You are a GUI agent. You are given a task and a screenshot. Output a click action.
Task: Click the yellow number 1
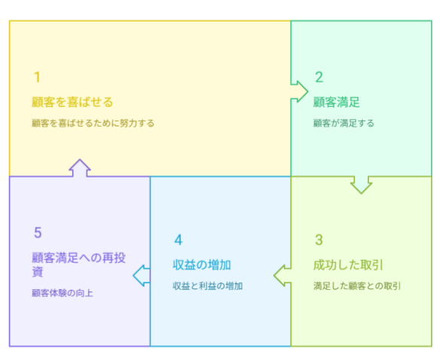pos(37,77)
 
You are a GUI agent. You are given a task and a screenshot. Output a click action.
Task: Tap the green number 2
pos(319,77)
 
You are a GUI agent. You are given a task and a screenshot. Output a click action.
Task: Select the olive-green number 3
pos(318,239)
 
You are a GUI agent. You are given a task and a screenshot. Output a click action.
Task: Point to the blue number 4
pos(178,239)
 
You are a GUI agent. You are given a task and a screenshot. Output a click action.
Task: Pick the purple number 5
pos(38,233)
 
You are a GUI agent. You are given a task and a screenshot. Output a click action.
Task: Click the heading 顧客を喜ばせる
pos(72,102)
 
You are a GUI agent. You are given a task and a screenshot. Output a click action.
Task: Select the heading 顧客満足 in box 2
pos(337,102)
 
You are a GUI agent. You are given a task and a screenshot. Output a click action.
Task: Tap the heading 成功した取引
pos(348,265)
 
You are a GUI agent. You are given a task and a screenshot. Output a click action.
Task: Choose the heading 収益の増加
pos(202,265)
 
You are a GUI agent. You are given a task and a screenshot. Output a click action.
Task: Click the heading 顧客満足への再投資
pos(78,264)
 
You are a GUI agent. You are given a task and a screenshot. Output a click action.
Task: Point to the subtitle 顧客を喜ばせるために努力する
pos(93,124)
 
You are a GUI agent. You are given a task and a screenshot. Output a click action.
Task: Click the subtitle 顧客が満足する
pos(343,124)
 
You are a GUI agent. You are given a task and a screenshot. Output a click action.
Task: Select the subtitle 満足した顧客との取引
pos(357,285)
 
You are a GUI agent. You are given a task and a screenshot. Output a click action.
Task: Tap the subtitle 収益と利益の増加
pos(208,285)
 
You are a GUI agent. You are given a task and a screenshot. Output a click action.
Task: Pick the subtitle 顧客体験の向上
pos(62,293)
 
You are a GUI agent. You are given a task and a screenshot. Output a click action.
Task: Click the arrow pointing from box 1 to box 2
pos(299,91)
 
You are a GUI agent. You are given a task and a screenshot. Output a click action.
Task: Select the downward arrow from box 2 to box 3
pos(361,185)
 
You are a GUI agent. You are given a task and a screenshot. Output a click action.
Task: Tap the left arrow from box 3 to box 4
pos(282,276)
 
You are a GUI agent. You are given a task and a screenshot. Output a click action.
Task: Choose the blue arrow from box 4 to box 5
pos(142,276)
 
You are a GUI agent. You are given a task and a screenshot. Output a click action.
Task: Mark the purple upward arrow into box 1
pos(80,168)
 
